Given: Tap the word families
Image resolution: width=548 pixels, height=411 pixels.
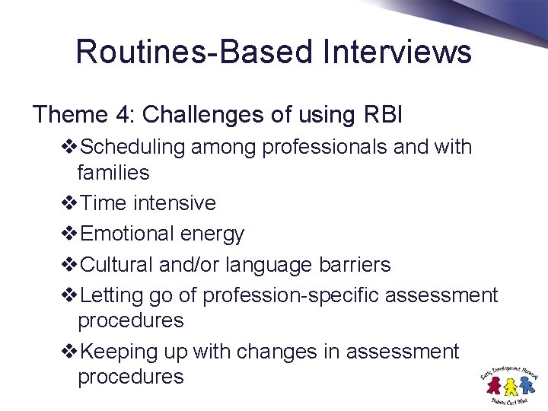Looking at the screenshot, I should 113,173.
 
